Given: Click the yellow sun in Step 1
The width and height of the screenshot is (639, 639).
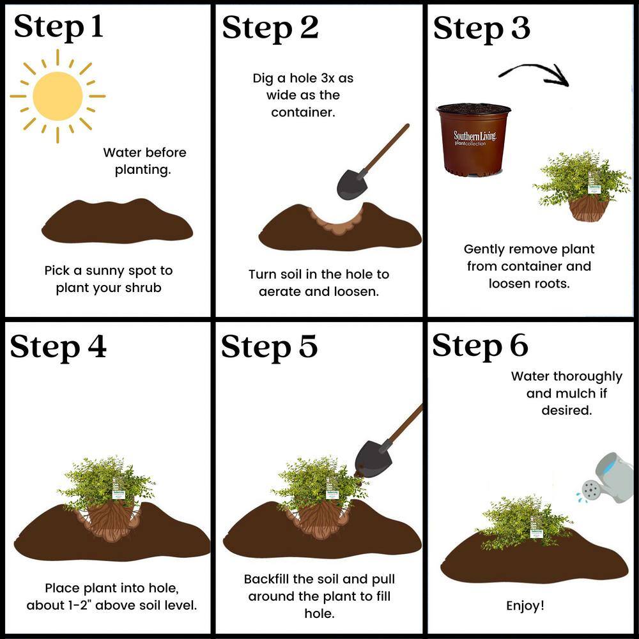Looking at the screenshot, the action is pos(58,96).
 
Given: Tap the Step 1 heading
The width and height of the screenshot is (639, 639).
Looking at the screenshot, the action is pos(58,27).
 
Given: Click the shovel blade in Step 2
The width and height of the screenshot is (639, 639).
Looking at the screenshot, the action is pos(352,185).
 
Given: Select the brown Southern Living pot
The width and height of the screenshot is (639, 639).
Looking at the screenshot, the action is pos(473,140).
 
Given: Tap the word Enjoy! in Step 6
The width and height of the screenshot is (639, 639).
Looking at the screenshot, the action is pos(525,606).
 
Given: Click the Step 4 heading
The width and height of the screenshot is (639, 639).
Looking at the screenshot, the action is pos(58,347).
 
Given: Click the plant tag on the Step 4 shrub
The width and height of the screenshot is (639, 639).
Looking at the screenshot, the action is pos(119,494).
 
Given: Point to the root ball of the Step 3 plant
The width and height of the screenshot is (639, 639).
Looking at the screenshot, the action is pos(589,207).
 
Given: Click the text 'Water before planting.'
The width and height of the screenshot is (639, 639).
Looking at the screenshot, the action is pos(144,161).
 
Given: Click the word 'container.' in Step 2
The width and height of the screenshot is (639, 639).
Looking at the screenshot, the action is pos(303,112).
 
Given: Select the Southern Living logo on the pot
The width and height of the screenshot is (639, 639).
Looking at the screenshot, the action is pos(475,137).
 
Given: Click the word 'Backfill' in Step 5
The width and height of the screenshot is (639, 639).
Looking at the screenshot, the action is pos(266,579).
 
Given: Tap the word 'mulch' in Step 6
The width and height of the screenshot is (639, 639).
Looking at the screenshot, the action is pos(576,393).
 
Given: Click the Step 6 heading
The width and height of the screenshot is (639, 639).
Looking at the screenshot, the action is pos(480,346).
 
